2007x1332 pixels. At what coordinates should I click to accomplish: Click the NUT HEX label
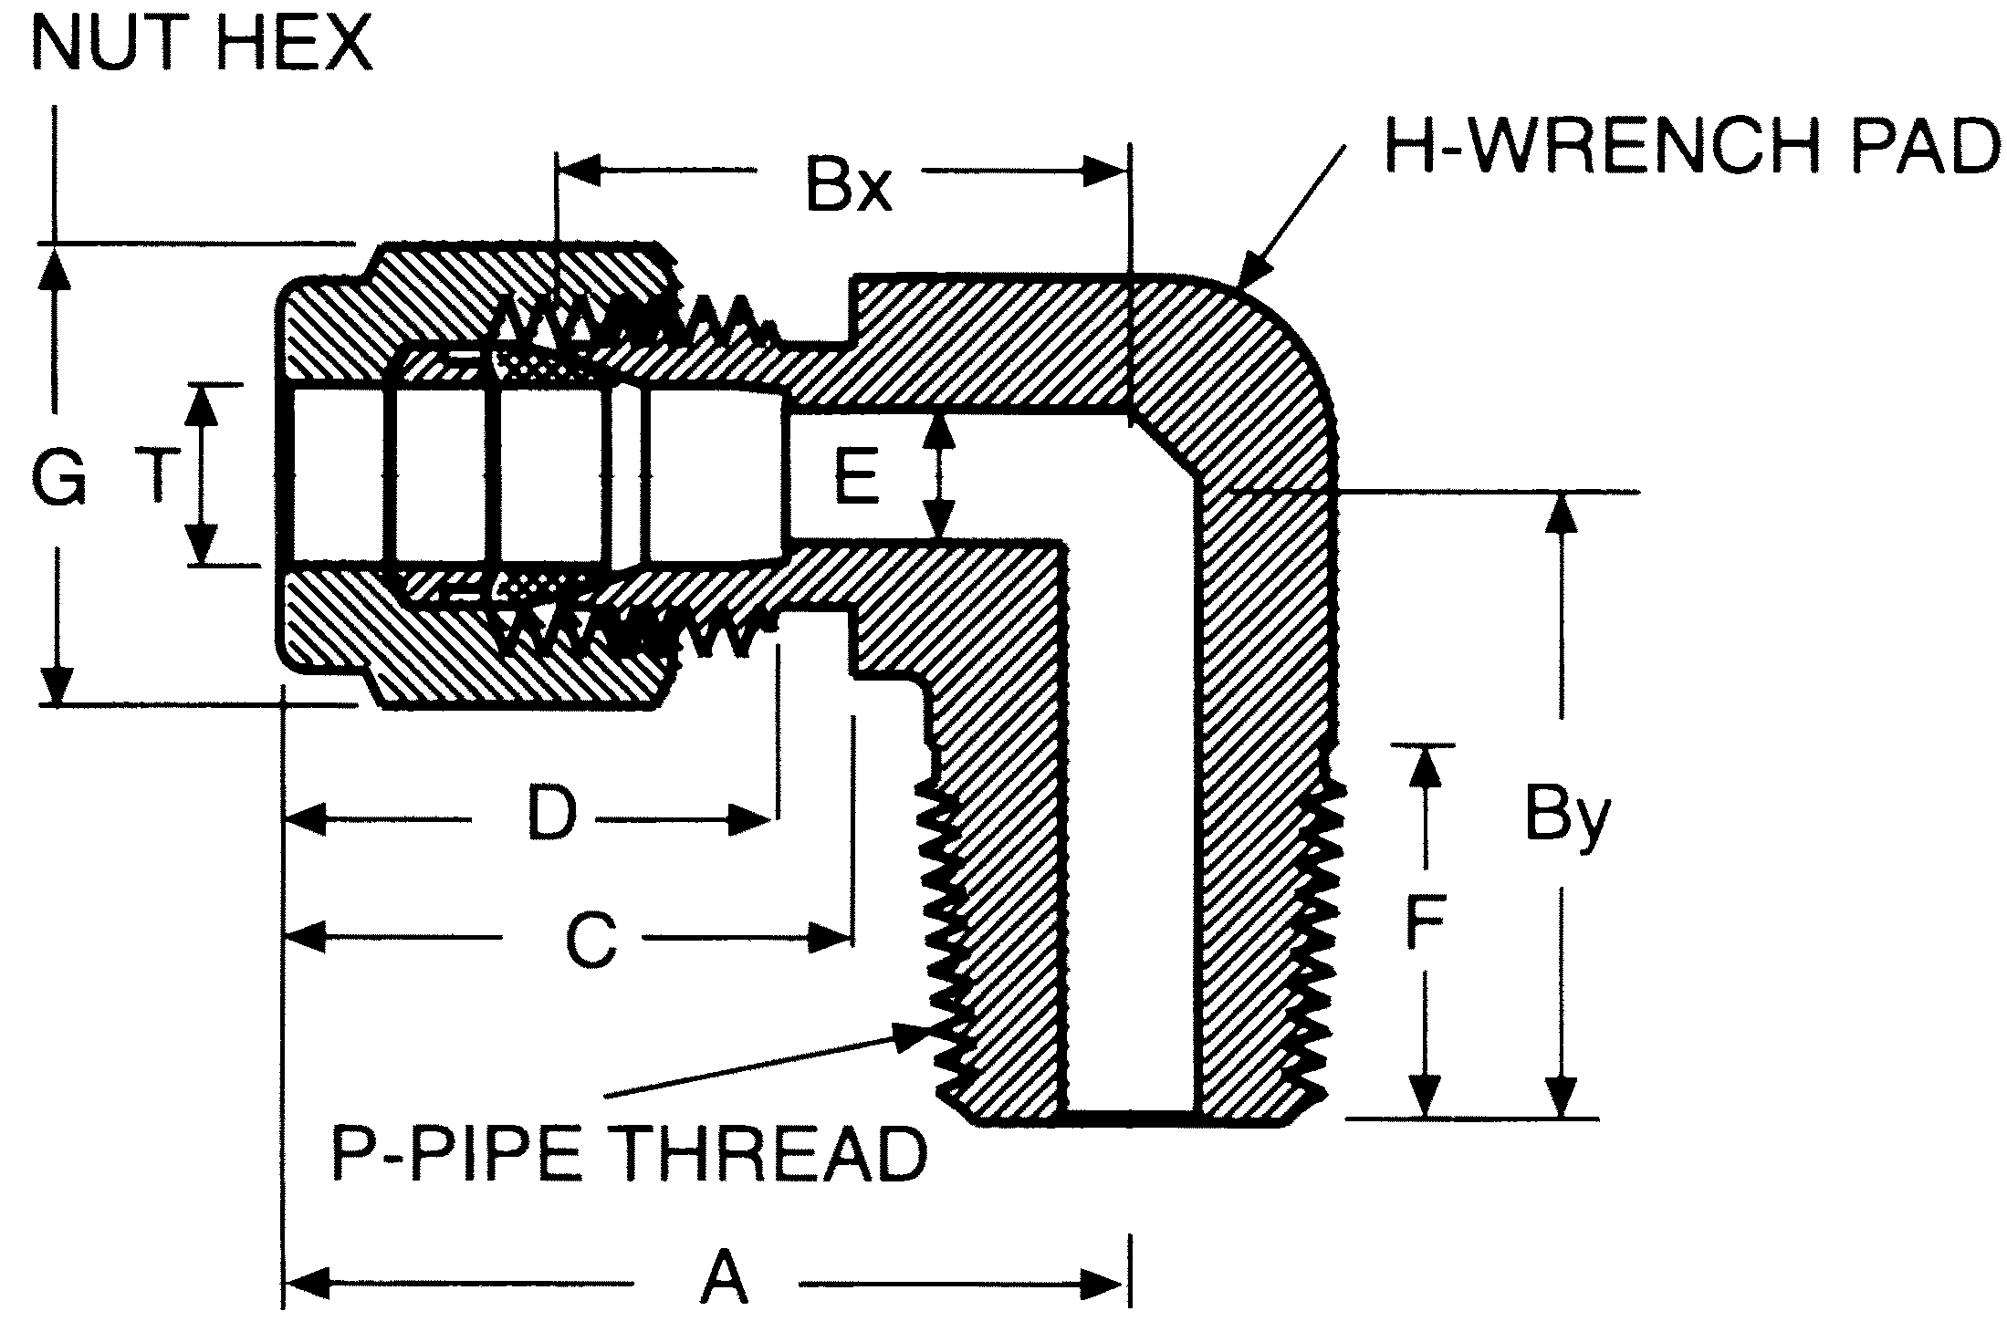[203, 44]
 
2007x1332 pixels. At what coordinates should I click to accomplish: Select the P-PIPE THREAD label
[628, 1153]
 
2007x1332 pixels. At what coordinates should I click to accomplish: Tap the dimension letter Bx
[847, 186]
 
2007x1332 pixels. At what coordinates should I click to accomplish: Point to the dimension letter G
[58, 478]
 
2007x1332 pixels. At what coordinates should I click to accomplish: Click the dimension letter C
[591, 940]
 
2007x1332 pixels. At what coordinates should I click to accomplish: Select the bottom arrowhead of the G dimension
[57, 685]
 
